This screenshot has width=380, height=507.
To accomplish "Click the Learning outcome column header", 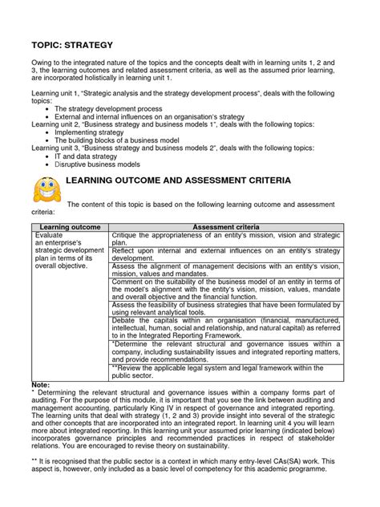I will point(67,229).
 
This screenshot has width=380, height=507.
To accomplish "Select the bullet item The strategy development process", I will point(123,108).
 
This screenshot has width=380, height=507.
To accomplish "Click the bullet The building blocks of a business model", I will point(129,140).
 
